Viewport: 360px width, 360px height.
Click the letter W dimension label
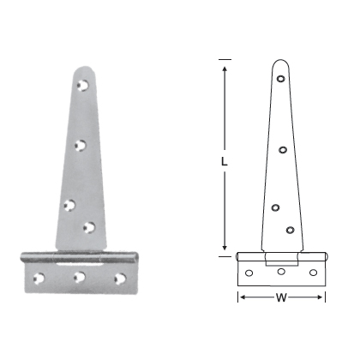pyautogui.click(x=281, y=298)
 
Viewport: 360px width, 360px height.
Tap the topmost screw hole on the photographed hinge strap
pyautogui.click(x=84, y=86)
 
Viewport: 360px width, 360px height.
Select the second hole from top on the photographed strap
pyautogui.click(x=81, y=147)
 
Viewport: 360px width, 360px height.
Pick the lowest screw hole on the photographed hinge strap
pyautogui.click(x=89, y=227)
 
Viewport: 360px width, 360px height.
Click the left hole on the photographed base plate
pyautogui.click(x=39, y=277)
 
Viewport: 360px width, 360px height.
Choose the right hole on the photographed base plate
pyautogui.click(x=120, y=278)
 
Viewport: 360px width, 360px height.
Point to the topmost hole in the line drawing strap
pyautogui.click(x=281, y=80)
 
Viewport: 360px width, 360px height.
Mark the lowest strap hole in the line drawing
pyautogui.click(x=290, y=229)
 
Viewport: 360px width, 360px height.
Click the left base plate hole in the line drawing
pyautogui.click(x=249, y=273)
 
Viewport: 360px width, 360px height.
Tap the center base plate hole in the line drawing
pyautogui.click(x=280, y=272)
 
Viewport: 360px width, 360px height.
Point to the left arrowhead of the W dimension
pyautogui.click(x=241, y=297)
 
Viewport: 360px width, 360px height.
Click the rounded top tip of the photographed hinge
pyautogui.click(x=82, y=69)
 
